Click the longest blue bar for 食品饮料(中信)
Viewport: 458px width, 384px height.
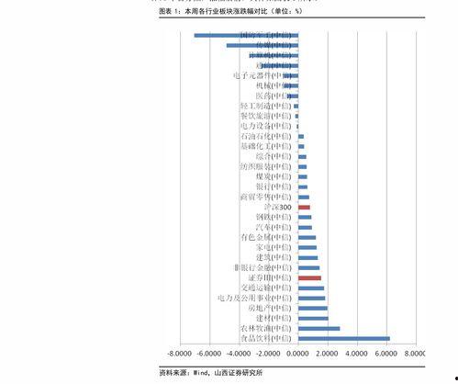pyautogui.click(x=343, y=338)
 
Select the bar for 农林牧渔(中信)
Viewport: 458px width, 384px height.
pyautogui.click(x=318, y=328)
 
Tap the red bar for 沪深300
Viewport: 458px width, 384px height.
pyautogui.click(x=304, y=208)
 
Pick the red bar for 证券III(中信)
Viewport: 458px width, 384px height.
pyautogui.click(x=309, y=277)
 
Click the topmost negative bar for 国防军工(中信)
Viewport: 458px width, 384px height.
pyautogui.click(x=246, y=35)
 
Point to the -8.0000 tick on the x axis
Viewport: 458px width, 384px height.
pyautogui.click(x=180, y=353)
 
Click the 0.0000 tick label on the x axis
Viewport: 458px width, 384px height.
pyautogui.click(x=297, y=353)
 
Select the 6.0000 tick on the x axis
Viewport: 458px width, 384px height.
pyautogui.click(x=386, y=353)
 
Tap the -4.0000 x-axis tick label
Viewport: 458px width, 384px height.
pyautogui.click(x=239, y=353)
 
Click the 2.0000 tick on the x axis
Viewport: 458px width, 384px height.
pyautogui.click(x=328, y=353)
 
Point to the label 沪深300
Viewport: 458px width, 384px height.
pyautogui.click(x=276, y=208)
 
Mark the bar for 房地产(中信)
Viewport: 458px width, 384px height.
pyautogui.click(x=312, y=308)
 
